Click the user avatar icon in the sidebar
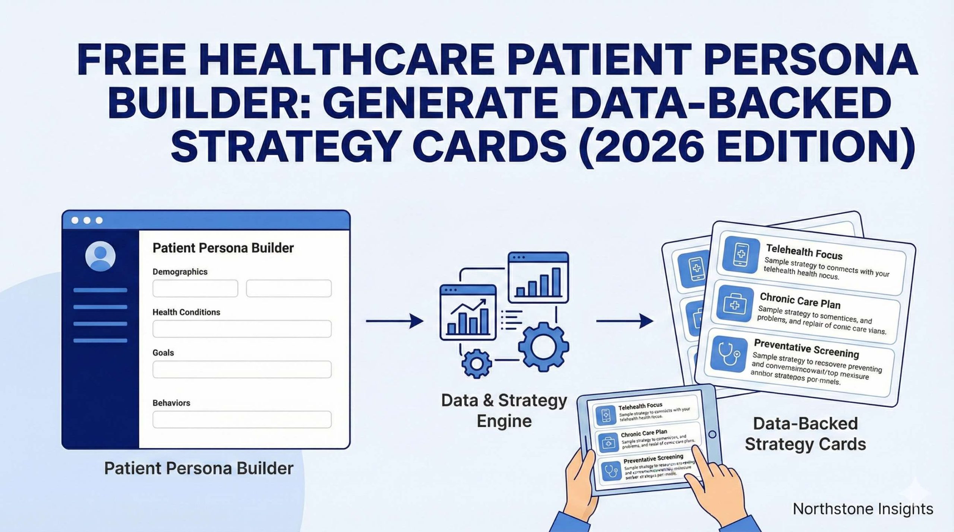coord(100,256)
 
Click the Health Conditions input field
coord(242,329)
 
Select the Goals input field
coord(242,369)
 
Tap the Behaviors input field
coord(242,420)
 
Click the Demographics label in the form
coord(180,272)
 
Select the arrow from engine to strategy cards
coord(625,321)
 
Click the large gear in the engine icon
coord(543,347)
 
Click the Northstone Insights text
coord(863,509)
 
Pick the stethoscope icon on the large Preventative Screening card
coord(729,355)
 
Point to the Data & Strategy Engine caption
coord(504,411)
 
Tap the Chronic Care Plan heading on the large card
coord(800,300)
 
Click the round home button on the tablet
coord(712,434)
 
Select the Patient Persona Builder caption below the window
coord(199,468)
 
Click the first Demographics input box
coord(195,289)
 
